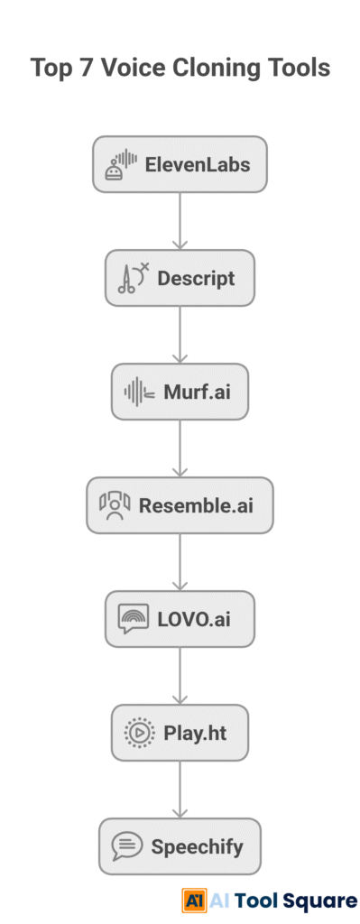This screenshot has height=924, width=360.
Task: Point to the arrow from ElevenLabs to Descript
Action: [x=180, y=220]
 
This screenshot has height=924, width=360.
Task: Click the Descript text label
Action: [x=196, y=278]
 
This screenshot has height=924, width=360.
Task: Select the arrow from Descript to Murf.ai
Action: [x=180, y=334]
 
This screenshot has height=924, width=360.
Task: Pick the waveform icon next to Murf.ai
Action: [x=139, y=392]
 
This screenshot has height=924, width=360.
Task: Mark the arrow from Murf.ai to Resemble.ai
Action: [x=180, y=448]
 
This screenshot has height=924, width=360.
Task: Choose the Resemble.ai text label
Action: [x=196, y=505]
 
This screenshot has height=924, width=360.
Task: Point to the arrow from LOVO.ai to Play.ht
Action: [x=180, y=675]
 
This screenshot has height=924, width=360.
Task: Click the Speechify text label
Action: [x=197, y=846]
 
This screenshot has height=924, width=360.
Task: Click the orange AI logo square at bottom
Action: [x=193, y=899]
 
